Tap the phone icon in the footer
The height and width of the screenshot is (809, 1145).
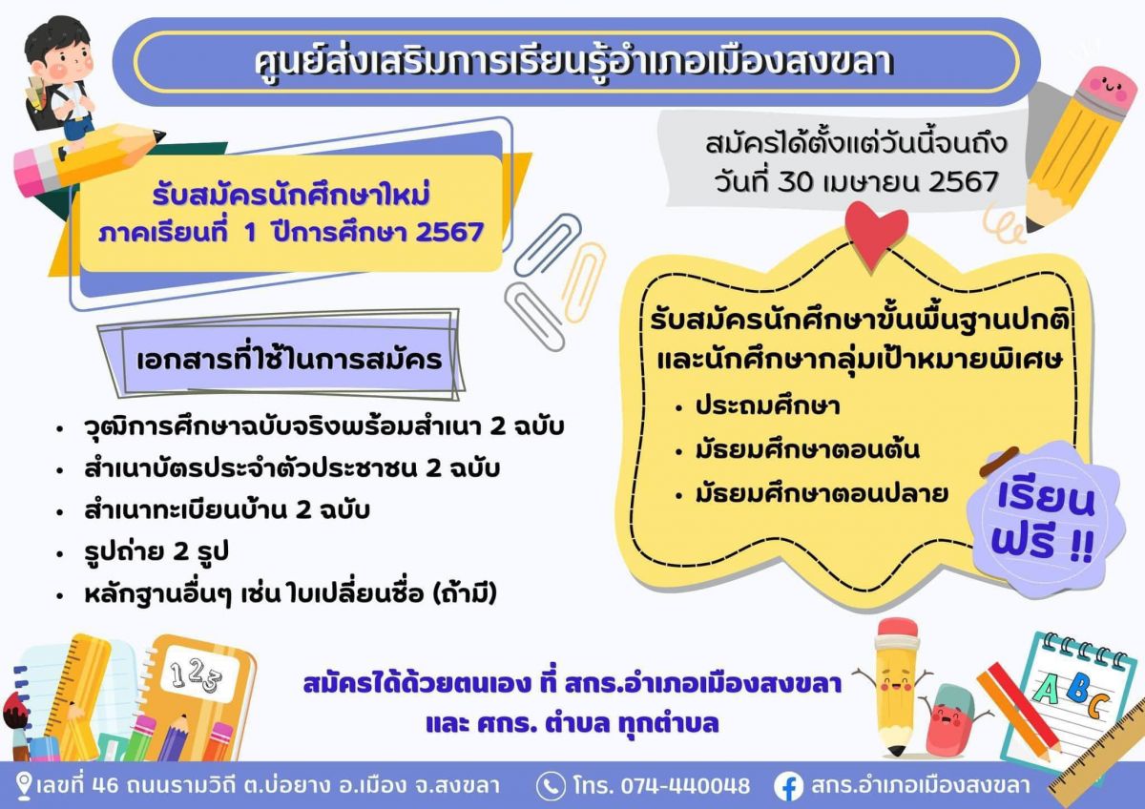coord(550,785)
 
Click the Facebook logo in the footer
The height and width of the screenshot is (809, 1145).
coord(788,786)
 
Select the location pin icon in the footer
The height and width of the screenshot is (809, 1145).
coord(24,785)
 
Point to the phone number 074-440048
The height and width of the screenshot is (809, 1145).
coord(685,785)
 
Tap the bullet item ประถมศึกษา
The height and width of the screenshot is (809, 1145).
coord(767,406)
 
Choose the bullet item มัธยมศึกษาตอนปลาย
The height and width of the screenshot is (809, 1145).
coord(822,493)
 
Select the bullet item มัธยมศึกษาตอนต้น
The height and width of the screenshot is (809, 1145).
coord(807,449)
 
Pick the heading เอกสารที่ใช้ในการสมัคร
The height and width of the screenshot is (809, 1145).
coord(289,360)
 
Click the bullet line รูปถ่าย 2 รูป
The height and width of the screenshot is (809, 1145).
coord(156,552)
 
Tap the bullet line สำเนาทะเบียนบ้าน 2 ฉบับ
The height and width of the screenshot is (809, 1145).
coord(227,510)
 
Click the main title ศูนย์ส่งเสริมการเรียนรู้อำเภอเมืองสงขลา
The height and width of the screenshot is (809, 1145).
coord(574,62)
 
